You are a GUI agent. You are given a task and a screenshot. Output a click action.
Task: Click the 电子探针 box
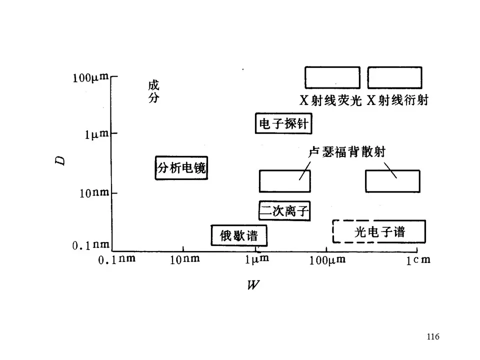(x=283, y=123)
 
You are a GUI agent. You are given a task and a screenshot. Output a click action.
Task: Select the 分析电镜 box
(x=181, y=168)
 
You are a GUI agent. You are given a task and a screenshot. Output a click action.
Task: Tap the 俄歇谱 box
(x=239, y=235)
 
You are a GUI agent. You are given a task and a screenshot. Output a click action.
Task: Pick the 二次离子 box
(x=284, y=210)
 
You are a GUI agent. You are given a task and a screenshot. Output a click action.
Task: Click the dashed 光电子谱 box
(x=379, y=231)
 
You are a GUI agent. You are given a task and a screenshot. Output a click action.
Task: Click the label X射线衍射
(x=397, y=100)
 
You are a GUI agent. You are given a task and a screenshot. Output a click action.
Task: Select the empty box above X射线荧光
(x=332, y=77)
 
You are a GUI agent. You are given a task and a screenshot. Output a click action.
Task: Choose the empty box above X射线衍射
(x=394, y=77)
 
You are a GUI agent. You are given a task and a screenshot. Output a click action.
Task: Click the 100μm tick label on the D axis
(x=90, y=78)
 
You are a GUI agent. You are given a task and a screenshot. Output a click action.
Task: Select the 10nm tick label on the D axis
(x=94, y=193)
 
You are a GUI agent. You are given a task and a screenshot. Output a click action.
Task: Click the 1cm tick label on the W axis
(x=418, y=260)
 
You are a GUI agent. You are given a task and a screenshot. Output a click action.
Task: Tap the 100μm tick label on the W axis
(x=326, y=260)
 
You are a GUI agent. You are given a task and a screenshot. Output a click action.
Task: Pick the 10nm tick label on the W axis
(x=184, y=260)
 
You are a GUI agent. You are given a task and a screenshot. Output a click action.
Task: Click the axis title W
(x=253, y=285)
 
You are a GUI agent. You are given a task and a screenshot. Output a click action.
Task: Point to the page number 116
(x=433, y=336)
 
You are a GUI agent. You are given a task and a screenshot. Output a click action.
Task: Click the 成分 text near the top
(x=153, y=91)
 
